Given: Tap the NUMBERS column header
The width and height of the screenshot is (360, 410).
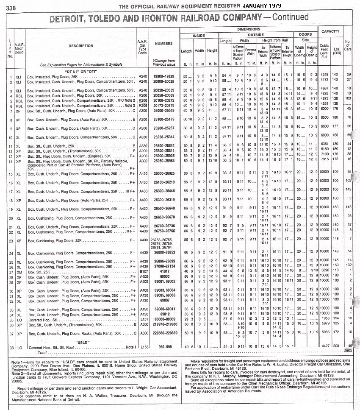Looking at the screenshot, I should tap(163, 44).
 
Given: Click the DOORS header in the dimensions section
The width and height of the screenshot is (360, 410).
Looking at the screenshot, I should tap(305, 34).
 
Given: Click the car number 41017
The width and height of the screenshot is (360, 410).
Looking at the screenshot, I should tap(163, 270).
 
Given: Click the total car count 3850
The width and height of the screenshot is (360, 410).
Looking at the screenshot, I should tap(348, 351).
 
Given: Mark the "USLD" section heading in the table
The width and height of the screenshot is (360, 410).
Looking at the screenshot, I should tap(83, 341).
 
